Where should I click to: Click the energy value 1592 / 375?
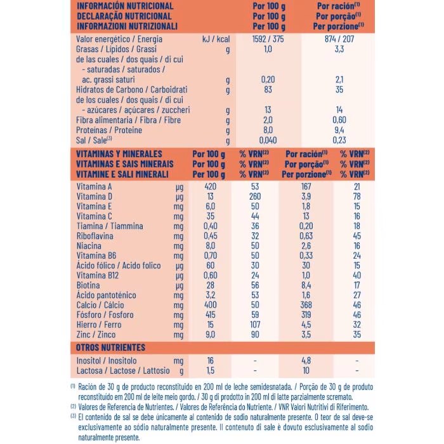(x=267, y=39)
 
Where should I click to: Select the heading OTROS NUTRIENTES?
(x=111, y=347)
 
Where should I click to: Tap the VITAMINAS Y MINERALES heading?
(x=119, y=153)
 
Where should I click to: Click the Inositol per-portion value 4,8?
(x=306, y=360)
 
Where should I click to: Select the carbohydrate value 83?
(x=267, y=89)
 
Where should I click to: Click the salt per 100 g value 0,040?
(x=267, y=140)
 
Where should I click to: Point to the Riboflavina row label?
(x=98, y=237)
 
